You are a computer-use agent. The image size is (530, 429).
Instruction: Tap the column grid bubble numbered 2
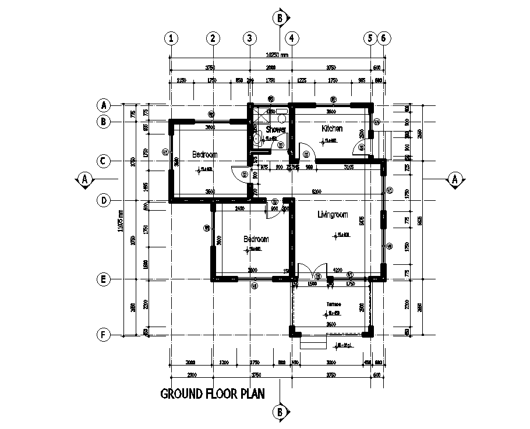(x=213, y=38)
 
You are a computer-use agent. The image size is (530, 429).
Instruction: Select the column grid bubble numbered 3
(x=249, y=38)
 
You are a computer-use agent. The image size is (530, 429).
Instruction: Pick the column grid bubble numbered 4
(x=292, y=38)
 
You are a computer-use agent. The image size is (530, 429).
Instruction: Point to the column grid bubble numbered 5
(x=370, y=38)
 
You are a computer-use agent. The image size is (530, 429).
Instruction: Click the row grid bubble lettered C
(x=103, y=161)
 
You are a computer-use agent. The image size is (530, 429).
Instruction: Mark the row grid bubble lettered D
(x=103, y=200)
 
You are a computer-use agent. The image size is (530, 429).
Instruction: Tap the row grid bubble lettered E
(x=103, y=279)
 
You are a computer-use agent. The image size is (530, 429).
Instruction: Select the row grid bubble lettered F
(x=103, y=335)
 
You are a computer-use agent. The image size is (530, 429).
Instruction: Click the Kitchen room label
(x=332, y=128)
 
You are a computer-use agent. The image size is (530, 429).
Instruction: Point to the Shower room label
(x=275, y=129)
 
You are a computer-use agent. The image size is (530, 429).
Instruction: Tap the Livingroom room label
(x=333, y=215)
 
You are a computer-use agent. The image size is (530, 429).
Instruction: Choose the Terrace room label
(x=333, y=304)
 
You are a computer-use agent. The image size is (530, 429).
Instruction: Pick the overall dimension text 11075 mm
(x=121, y=221)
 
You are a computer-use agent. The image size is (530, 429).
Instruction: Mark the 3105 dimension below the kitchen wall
(x=348, y=168)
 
